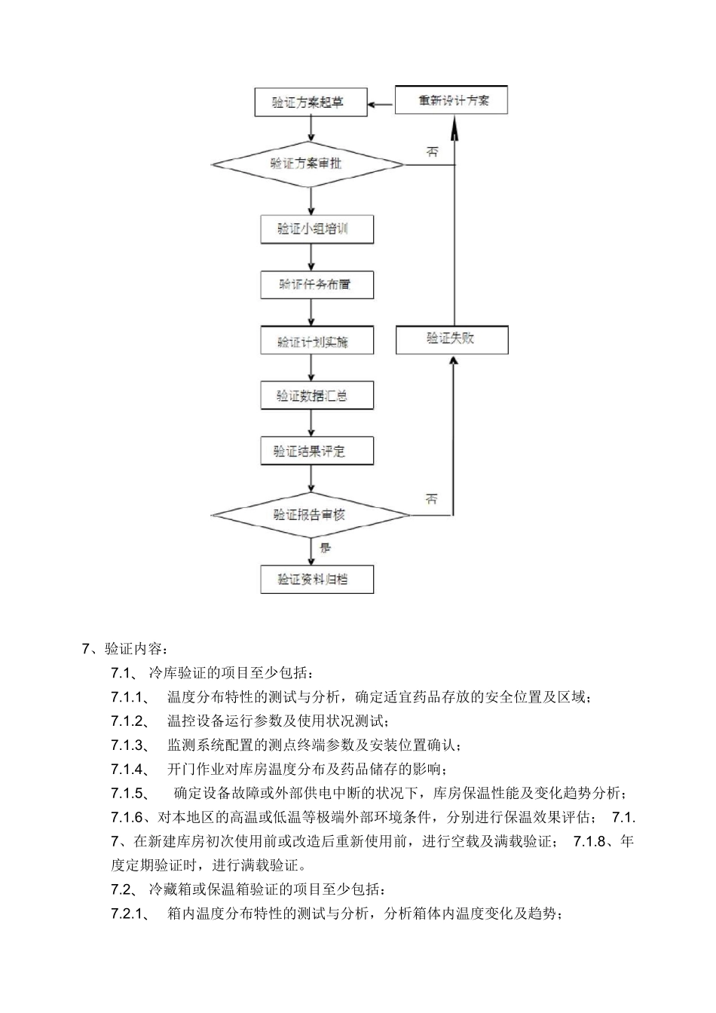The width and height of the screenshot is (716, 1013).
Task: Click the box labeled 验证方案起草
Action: point(310,103)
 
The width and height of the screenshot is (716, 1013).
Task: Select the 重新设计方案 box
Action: point(451,100)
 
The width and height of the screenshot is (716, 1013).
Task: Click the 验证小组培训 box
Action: point(317,229)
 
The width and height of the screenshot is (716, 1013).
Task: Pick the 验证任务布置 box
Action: point(317,285)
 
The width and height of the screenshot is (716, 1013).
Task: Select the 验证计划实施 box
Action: point(317,341)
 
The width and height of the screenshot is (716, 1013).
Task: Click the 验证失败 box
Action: point(451,339)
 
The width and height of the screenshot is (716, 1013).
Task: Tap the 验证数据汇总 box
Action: point(317,396)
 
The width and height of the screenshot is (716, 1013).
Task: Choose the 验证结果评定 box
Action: point(317,451)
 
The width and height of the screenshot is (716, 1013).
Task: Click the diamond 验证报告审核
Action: point(310,515)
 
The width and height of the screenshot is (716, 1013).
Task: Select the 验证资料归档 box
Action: point(317,579)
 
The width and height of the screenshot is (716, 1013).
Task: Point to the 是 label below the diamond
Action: point(325,548)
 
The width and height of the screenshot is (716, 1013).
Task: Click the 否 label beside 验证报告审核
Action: point(432,498)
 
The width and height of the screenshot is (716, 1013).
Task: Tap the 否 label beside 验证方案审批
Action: point(432,151)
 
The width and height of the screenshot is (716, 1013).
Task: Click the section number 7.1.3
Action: point(131,745)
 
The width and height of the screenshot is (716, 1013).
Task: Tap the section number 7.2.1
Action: point(131,914)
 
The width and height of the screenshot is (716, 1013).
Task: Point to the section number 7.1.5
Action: point(131,793)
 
